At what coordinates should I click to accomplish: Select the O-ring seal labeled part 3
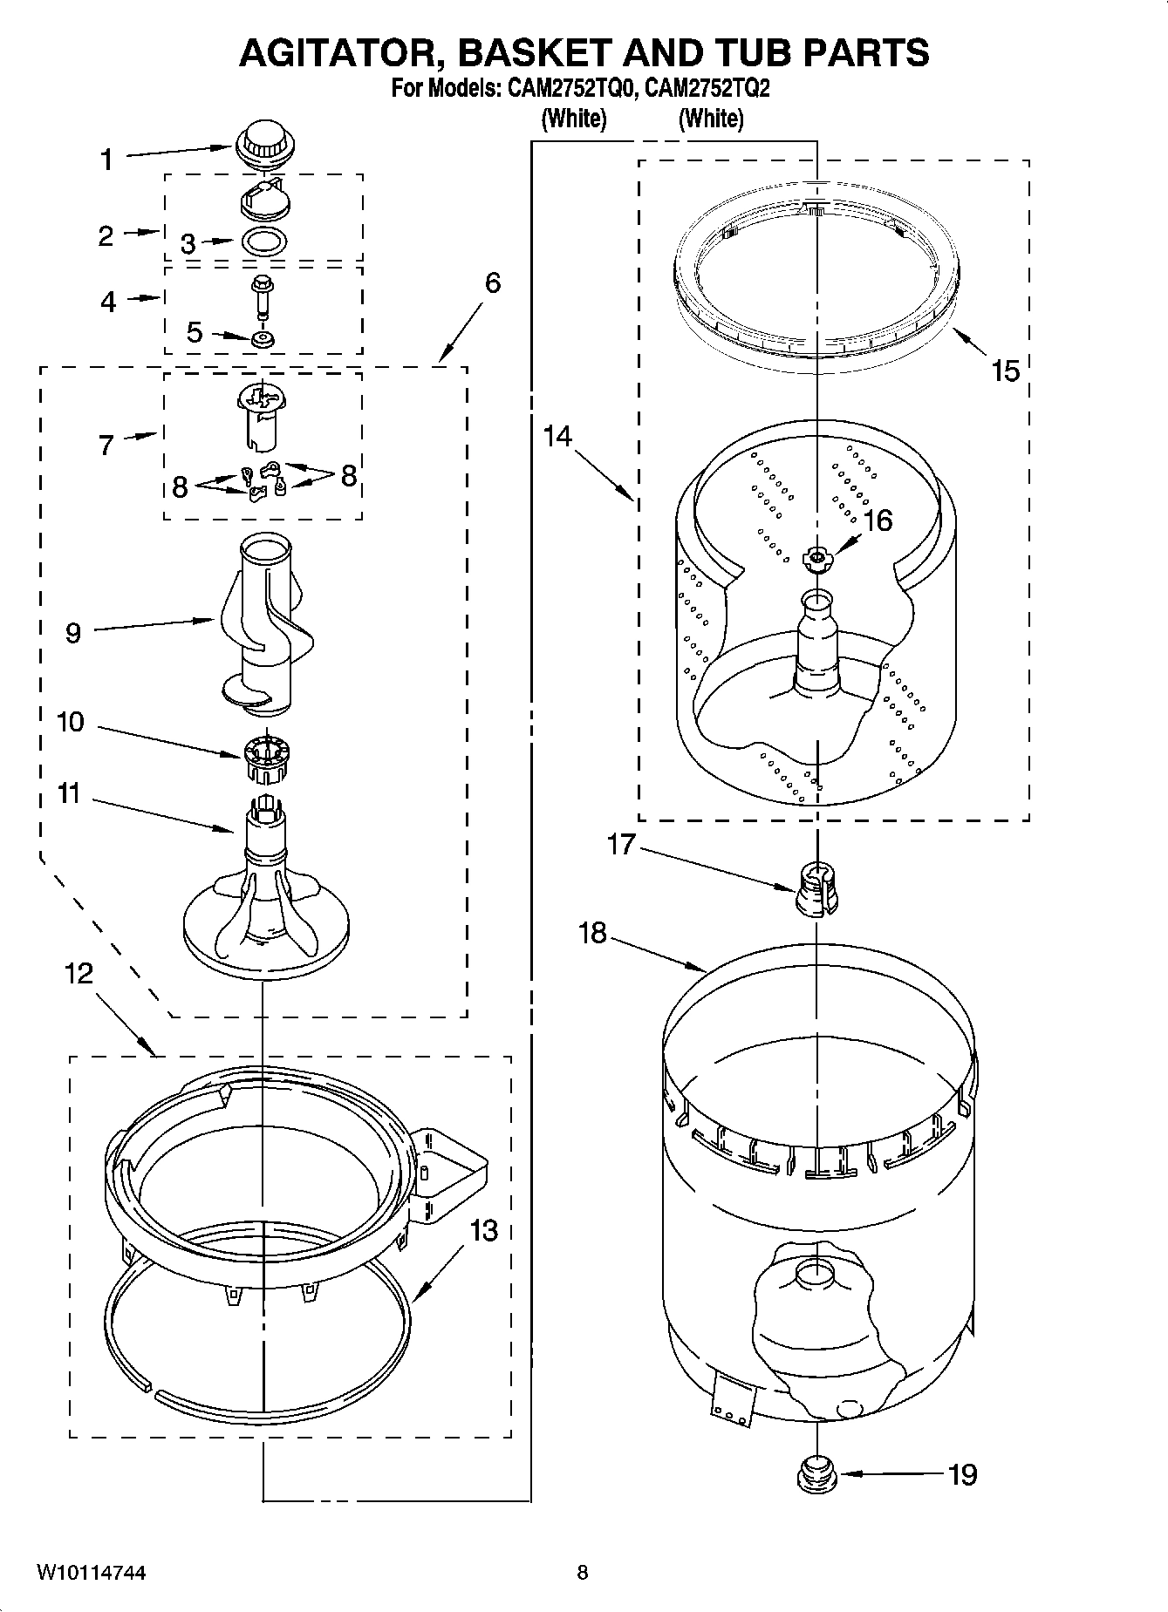(x=264, y=242)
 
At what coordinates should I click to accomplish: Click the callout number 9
(x=73, y=632)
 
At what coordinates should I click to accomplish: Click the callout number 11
(x=69, y=794)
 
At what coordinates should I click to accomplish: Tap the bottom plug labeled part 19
(x=816, y=1475)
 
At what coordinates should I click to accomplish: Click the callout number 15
(x=1005, y=371)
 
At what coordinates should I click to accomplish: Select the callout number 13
(x=484, y=1230)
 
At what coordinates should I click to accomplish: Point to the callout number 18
(x=592, y=933)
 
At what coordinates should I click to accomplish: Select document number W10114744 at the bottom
(x=91, y=1573)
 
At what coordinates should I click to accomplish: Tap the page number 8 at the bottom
(x=583, y=1573)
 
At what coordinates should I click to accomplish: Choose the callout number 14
(x=557, y=435)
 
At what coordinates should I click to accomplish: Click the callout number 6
(x=493, y=282)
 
